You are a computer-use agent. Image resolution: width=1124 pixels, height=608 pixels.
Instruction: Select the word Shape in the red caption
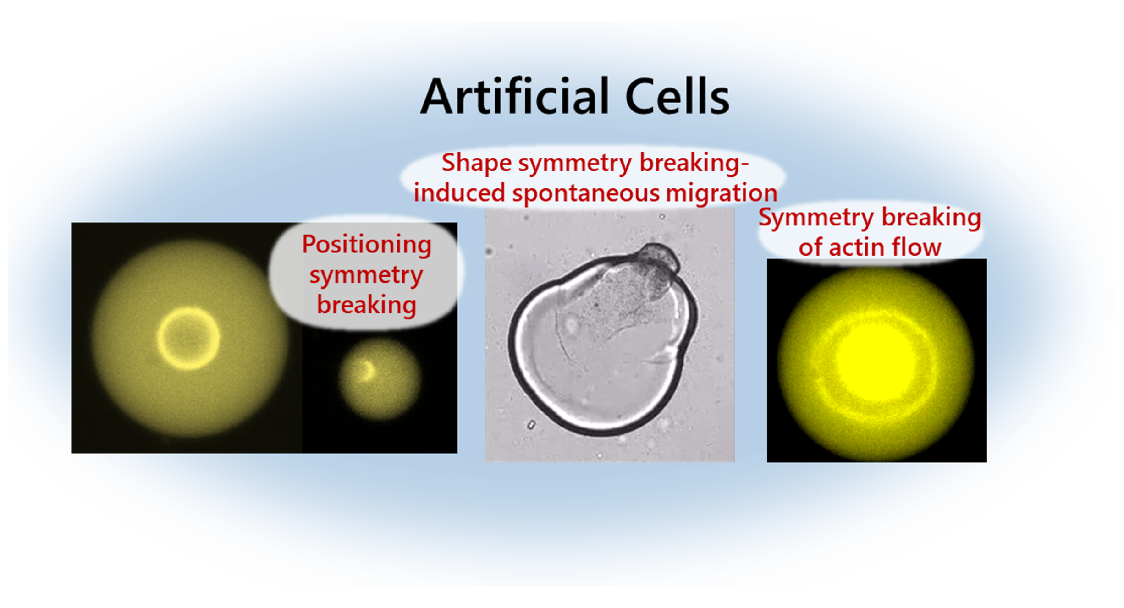476,164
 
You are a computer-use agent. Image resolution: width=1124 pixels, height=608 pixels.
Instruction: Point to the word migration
722,193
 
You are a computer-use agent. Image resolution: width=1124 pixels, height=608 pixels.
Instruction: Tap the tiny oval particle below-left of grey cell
531,425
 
